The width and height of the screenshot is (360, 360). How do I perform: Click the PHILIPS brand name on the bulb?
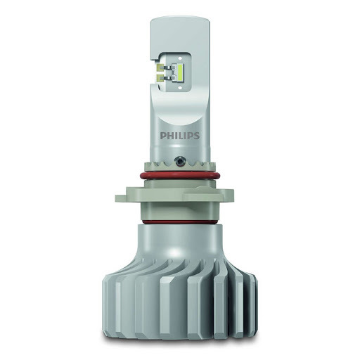tap(180, 136)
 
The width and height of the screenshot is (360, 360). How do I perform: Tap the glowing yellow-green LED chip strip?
tap(181, 72)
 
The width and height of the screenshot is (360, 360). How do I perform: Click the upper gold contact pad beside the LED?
tap(160, 67)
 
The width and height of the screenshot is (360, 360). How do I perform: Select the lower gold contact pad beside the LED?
tap(160, 77)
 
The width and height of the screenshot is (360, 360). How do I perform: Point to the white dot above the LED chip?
tap(180, 58)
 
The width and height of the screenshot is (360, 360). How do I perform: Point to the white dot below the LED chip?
tap(180, 87)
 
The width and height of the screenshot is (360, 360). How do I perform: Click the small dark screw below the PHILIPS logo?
tap(179, 160)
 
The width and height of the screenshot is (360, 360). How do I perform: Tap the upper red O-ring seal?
tap(180, 176)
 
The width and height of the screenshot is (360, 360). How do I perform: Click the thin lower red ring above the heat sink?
tap(180, 221)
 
